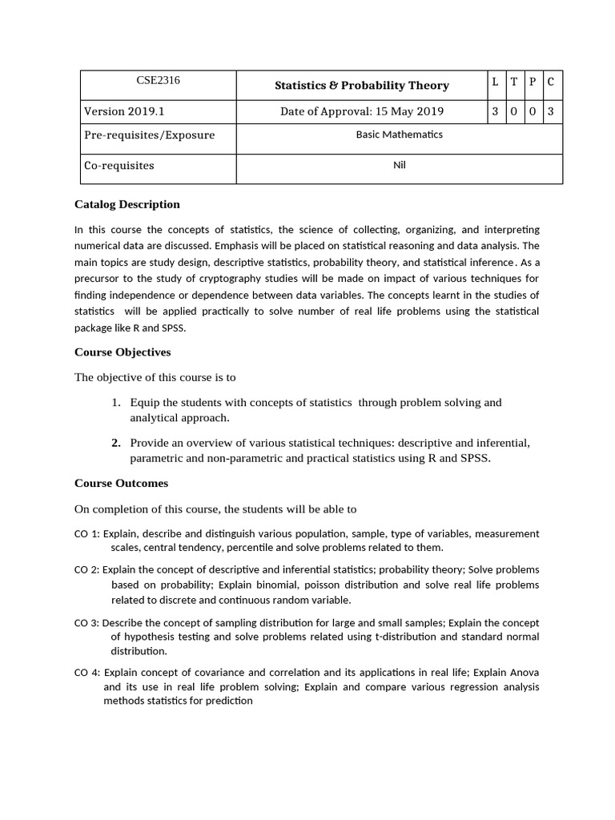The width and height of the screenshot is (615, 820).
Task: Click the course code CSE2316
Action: pos(158,80)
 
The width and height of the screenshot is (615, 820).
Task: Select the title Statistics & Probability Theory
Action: pos(362,86)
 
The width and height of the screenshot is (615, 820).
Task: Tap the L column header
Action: pos(495,81)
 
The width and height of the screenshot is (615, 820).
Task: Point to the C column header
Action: pos(551,81)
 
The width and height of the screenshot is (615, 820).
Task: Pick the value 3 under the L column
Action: pos(495,111)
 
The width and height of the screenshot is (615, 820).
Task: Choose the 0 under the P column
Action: pos(533,111)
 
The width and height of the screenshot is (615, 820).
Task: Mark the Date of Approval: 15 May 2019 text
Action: pos(362,111)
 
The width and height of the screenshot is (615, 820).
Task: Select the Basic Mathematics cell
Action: pos(399,135)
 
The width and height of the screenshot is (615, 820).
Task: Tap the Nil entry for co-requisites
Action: pos(399,166)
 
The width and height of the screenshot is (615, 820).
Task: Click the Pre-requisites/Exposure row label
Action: pos(149,135)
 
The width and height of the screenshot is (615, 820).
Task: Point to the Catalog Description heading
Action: pos(127,204)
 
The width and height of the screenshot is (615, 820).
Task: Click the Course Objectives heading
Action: pos(123,352)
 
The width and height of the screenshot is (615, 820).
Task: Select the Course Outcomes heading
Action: pos(121,483)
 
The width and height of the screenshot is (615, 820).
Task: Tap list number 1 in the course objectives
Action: pos(116,403)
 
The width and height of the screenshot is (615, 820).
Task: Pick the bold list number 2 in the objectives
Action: pos(116,443)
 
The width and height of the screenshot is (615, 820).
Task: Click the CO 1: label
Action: pos(86,533)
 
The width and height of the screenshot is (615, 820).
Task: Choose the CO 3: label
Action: pos(86,622)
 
